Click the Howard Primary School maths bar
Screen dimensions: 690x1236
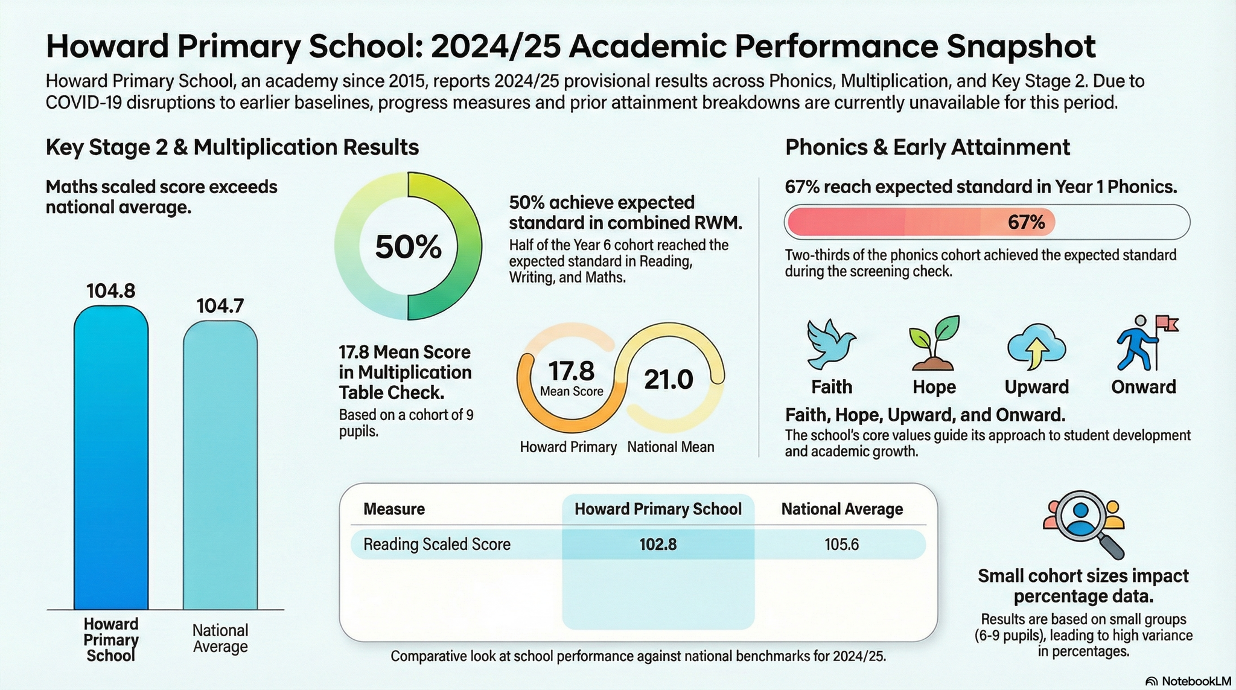(111, 459)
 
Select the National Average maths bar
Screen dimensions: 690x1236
(220, 465)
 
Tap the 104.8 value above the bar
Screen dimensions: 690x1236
(111, 291)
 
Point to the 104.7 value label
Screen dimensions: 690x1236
(220, 306)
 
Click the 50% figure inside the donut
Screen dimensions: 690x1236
(409, 247)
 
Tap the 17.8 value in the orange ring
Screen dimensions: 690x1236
(571, 370)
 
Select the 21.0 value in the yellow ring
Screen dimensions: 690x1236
(669, 380)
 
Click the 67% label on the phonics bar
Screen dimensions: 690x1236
(1026, 223)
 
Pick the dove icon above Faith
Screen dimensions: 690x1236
(831, 345)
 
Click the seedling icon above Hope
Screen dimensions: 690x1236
(934, 343)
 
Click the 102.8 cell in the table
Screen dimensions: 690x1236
(658, 545)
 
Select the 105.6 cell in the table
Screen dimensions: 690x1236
(841, 545)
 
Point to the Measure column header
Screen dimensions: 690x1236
(394, 509)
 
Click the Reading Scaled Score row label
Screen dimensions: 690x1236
(437, 545)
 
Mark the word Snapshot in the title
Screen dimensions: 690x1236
(1021, 46)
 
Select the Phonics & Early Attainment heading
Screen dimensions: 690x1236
(927, 147)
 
